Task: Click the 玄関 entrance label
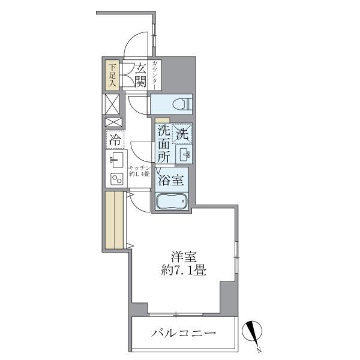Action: coord(140,76)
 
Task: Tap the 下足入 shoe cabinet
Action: coord(112,75)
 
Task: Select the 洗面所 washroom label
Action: coord(164,145)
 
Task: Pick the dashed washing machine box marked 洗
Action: coord(182,134)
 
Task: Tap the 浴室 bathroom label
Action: coord(172,180)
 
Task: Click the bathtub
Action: coord(172,202)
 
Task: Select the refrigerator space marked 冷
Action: coord(115,140)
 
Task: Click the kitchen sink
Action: coord(116,160)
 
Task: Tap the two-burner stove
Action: coord(117,179)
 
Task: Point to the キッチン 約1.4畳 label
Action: coord(139,171)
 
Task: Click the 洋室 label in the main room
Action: coord(184,257)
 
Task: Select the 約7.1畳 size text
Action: coord(183,271)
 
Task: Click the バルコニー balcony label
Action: coord(184,332)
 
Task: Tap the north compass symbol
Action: coord(253,333)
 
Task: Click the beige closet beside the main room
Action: coord(115,220)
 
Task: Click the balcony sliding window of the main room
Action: coord(176,314)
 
